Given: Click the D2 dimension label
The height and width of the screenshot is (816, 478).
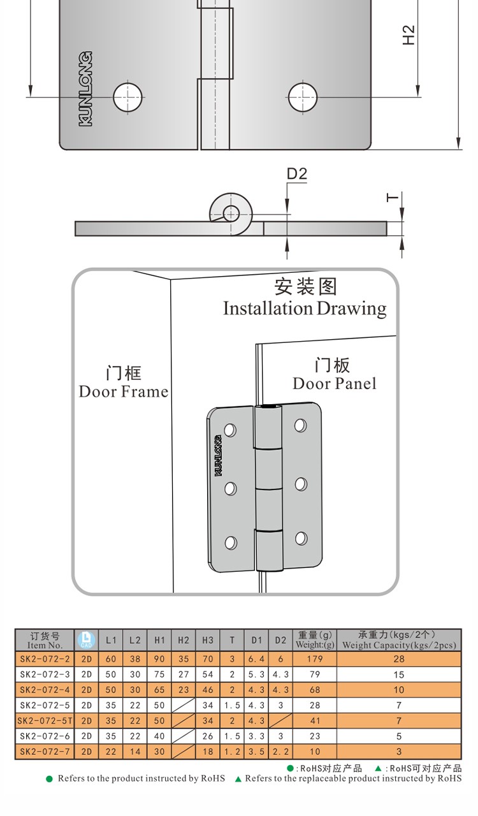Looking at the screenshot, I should (x=297, y=174).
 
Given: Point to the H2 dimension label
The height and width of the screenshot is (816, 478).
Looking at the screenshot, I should (x=409, y=34).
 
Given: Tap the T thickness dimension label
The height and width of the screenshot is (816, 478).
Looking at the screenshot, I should (x=393, y=198).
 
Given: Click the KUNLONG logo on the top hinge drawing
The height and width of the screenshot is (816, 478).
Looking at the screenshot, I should (x=85, y=89).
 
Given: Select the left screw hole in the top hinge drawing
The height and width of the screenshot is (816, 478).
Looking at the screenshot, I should (x=127, y=98).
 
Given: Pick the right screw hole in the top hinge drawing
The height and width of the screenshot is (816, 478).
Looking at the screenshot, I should (x=302, y=98).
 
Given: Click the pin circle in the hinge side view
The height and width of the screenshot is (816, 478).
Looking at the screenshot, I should (x=230, y=212).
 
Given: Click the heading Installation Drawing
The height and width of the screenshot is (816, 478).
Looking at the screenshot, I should (x=305, y=309).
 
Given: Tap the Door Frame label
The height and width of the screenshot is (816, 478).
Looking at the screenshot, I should (x=124, y=391).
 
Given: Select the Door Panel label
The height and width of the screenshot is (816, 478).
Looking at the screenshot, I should (x=334, y=383).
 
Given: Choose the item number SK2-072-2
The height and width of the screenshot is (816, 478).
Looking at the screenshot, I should (x=45, y=659).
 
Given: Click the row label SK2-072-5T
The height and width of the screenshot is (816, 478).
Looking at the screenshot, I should (x=45, y=720).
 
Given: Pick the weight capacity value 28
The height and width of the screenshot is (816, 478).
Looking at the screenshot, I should (x=399, y=659).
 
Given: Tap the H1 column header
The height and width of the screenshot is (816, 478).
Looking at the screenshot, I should (x=159, y=640).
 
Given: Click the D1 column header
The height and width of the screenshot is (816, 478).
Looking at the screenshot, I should (x=256, y=640).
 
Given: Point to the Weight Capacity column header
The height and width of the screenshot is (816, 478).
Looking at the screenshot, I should (x=399, y=640).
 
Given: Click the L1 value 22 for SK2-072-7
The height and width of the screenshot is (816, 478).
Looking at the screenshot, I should (x=111, y=752).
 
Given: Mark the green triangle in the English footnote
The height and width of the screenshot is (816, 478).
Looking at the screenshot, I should (x=238, y=779).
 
